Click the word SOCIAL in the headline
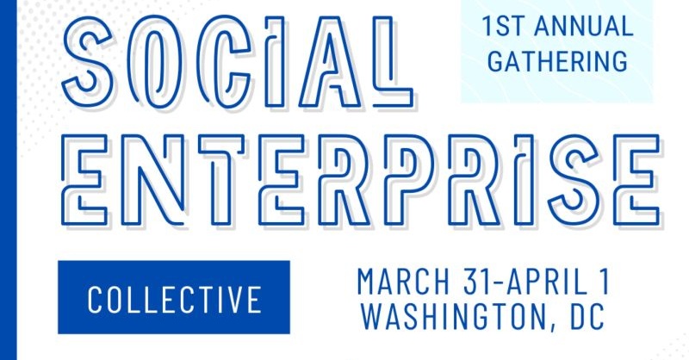pos(238,61)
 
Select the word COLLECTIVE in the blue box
pos(175,299)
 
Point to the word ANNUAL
pos(584,26)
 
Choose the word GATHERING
pos(557,60)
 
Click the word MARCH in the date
pos(403,282)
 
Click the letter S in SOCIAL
pos(88,61)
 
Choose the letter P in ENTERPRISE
pos(407,180)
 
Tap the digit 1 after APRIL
pos(605,282)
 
